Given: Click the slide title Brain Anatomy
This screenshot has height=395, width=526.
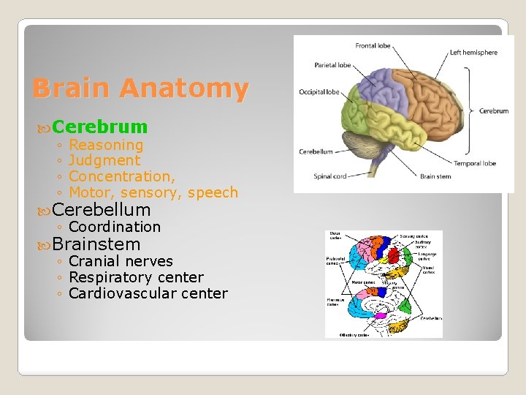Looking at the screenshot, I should pyautogui.click(x=140, y=89).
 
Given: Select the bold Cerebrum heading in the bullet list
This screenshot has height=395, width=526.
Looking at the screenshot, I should pyautogui.click(x=100, y=127).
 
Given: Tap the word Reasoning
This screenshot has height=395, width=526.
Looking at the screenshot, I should pyautogui.click(x=106, y=145).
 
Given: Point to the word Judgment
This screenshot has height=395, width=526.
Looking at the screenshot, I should pyautogui.click(x=104, y=160).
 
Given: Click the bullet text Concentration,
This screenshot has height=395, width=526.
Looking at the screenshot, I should pyautogui.click(x=122, y=176).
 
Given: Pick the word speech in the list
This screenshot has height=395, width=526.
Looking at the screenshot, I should pyautogui.click(x=213, y=192).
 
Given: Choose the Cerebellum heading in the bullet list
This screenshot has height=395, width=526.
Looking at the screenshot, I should pyautogui.click(x=102, y=210).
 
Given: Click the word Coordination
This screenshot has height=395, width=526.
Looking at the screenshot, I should pyautogui.click(x=115, y=227).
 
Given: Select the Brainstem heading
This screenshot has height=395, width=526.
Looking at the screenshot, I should pyautogui.click(x=96, y=244).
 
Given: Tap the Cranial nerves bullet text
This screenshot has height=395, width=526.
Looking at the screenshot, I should pyautogui.click(x=121, y=261).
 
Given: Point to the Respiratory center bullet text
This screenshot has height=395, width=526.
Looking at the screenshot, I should pyautogui.click(x=136, y=277).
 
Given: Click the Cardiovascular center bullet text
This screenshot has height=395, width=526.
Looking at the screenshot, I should pyautogui.click(x=148, y=293).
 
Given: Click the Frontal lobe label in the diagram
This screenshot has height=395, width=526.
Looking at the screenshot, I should pyautogui.click(x=373, y=45).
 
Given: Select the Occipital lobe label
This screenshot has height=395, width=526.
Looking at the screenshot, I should pyautogui.click(x=319, y=92).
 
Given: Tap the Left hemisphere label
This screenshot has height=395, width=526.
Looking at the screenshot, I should pyautogui.click(x=473, y=53).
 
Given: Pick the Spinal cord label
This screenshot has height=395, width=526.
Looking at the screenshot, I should pyautogui.click(x=329, y=176).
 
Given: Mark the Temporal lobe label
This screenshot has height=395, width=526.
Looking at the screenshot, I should pyautogui.click(x=474, y=163).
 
